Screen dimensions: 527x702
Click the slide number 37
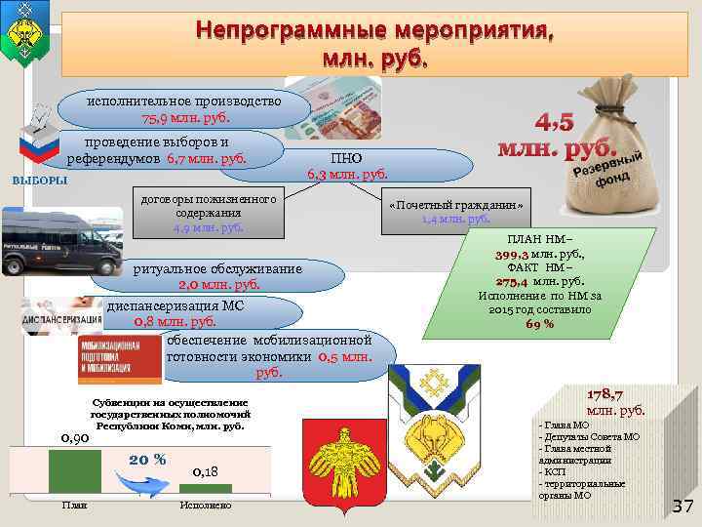pos(682,505)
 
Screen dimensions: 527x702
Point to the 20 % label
pos(146,459)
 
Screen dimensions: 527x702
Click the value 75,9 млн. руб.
pos(184,118)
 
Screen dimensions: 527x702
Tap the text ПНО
pos(346,157)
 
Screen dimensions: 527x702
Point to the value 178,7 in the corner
pos(610,394)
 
